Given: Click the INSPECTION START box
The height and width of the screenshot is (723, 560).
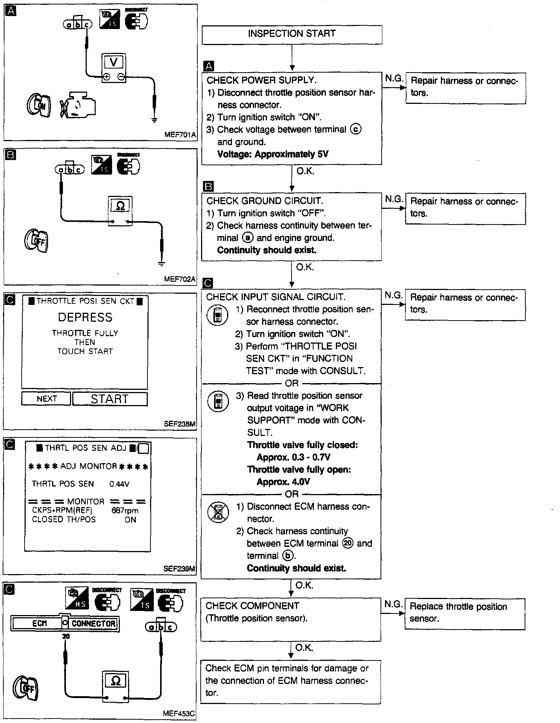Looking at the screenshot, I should point(292,34).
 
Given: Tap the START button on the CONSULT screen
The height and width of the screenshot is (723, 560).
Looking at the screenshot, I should point(110,399).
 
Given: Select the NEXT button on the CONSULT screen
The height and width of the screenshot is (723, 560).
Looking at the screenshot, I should point(47,399).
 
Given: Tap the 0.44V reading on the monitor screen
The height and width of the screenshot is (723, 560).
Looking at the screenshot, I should point(119,484).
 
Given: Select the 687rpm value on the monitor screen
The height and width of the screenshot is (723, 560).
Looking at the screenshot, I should point(125,511).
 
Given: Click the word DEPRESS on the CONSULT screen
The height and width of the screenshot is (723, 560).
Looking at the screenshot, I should point(85,317).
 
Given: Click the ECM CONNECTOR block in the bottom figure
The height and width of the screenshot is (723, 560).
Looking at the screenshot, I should point(65,623).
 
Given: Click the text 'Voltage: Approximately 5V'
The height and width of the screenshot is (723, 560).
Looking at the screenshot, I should point(273,154).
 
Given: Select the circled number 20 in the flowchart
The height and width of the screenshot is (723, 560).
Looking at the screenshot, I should point(348,544).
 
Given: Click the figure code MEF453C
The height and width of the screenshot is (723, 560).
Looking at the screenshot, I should point(179,714).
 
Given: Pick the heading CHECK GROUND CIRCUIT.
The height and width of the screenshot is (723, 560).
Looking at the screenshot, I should point(265,201).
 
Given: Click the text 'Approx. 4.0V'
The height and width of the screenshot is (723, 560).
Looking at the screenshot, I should point(283,482).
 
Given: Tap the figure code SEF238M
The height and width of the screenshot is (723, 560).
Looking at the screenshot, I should point(179,424).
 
